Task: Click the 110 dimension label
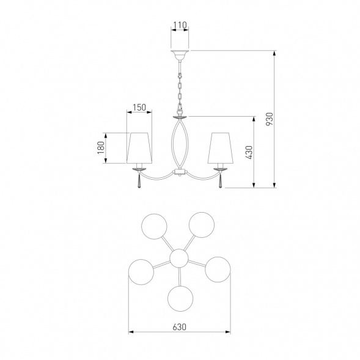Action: (x=180, y=25)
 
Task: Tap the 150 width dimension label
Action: (x=139, y=107)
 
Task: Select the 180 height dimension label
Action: (x=101, y=148)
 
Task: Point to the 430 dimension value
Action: (x=249, y=152)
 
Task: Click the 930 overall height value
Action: (x=270, y=119)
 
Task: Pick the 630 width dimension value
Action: (x=180, y=327)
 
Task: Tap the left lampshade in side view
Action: (x=139, y=148)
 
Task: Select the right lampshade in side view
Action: (x=221, y=148)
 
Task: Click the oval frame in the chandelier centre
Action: (x=172, y=144)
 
